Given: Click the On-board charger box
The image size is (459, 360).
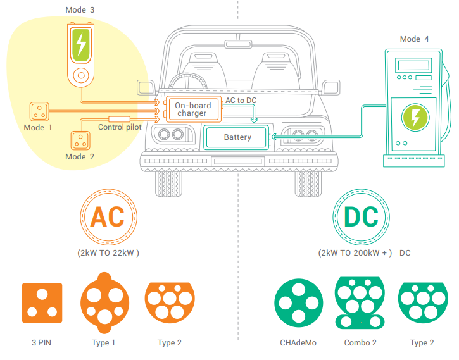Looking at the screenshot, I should (192, 109).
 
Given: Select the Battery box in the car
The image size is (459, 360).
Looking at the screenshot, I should (237, 137).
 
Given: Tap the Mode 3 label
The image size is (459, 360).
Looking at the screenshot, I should (80, 10).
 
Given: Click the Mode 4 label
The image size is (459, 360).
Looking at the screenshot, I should (414, 39).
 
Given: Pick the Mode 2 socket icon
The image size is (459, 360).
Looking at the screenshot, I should (80, 140).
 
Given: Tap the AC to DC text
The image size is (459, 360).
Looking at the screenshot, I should (242, 101).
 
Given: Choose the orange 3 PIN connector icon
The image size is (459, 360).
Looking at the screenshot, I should (42, 302).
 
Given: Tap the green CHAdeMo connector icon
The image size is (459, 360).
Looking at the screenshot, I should (298, 302).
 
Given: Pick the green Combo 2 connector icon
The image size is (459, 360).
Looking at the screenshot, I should (360, 303).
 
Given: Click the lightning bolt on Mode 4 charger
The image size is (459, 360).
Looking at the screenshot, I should (415, 118).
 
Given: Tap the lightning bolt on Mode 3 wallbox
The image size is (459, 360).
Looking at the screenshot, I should (80, 44).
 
